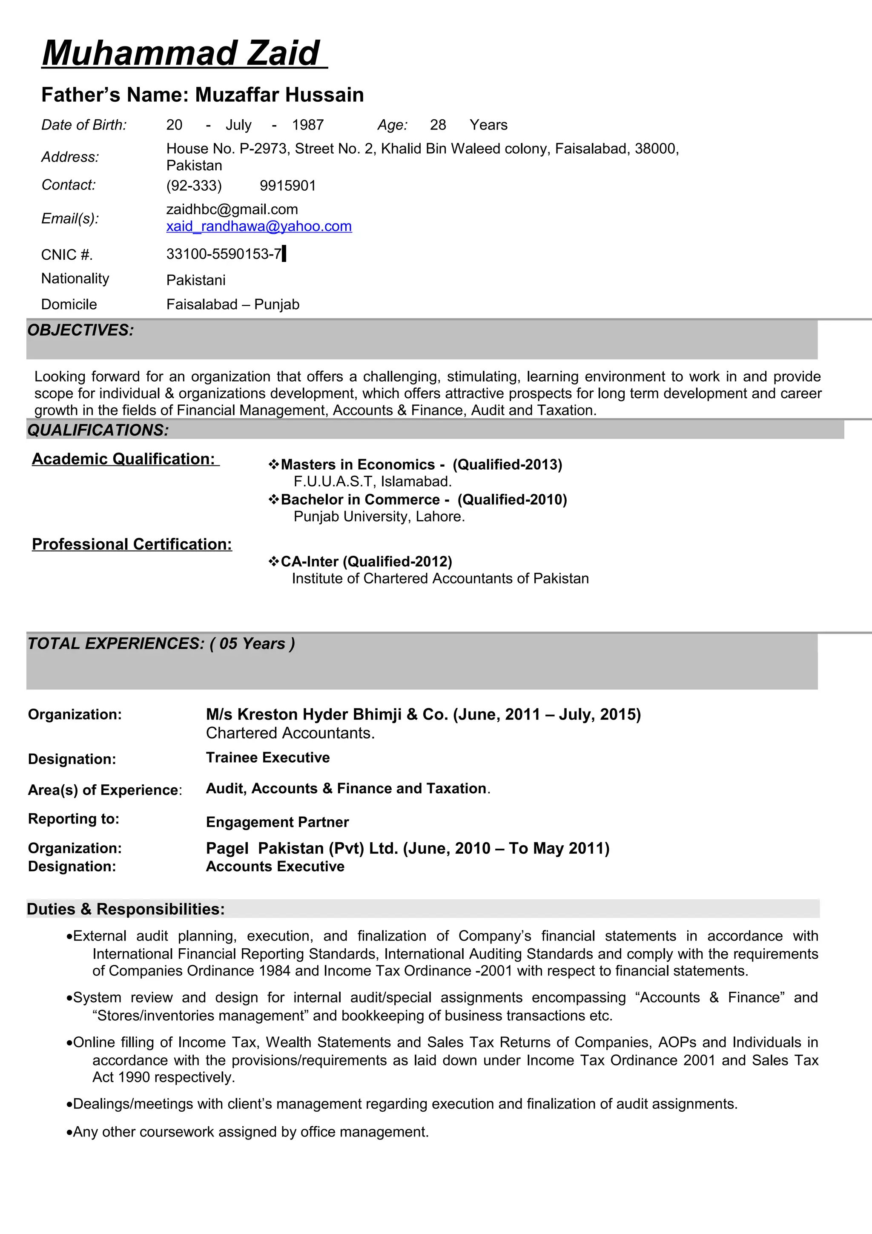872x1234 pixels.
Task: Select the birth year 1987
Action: click(308, 125)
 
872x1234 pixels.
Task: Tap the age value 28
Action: click(438, 125)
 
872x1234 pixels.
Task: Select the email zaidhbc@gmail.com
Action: click(232, 209)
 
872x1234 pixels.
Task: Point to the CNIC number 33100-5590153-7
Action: click(224, 254)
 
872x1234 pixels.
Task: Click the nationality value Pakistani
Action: click(195, 280)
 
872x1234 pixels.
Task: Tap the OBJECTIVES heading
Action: click(80, 330)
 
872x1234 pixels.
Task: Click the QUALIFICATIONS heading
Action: click(98, 430)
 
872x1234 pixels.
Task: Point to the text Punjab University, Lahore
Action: click(379, 517)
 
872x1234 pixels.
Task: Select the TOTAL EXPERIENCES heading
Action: click(161, 643)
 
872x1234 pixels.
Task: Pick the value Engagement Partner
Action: click(277, 822)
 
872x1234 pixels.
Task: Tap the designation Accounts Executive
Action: click(275, 867)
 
